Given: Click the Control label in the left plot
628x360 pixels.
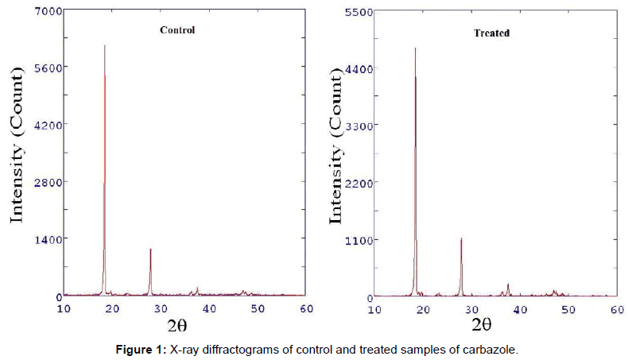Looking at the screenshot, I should tap(177, 30).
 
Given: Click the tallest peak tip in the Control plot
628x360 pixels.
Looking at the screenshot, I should tap(104, 46).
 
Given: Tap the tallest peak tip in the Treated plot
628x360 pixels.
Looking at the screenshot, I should tap(415, 48).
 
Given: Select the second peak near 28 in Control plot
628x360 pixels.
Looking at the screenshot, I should tap(150, 250).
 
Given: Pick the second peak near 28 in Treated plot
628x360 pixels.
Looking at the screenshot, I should tap(461, 238).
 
